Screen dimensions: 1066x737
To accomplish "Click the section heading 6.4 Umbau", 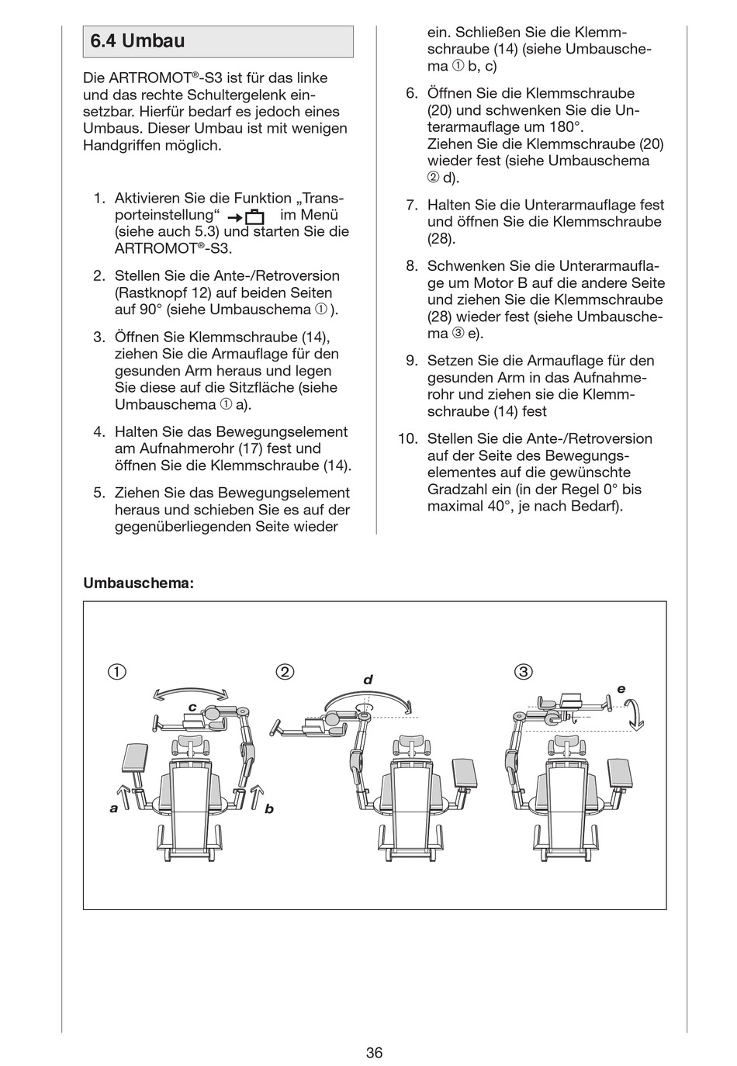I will (x=137, y=41).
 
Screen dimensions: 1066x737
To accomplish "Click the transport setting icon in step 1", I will (x=246, y=216).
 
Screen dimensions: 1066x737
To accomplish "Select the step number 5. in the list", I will (x=99, y=493).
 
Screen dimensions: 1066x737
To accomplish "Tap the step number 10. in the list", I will (x=408, y=438).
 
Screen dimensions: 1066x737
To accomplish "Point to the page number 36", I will (x=375, y=1031).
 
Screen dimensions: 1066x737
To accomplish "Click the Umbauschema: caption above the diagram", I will (x=138, y=583).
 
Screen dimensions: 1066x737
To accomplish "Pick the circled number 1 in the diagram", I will (x=117, y=672).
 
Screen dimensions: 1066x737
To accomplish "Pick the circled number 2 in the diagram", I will (x=285, y=672).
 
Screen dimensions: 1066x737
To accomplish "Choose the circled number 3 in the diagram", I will (x=524, y=672).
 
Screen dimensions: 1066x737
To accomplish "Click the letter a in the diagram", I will (x=114, y=808).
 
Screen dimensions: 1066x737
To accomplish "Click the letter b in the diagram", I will (x=269, y=808).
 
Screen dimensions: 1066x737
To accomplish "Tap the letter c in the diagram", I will (x=192, y=707).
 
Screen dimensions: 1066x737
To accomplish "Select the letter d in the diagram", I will (x=368, y=680).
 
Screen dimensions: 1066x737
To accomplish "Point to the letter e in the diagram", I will (x=621, y=688).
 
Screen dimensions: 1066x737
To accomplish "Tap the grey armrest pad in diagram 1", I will (x=134, y=758).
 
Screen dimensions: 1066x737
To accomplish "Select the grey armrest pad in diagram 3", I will (x=623, y=771).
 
